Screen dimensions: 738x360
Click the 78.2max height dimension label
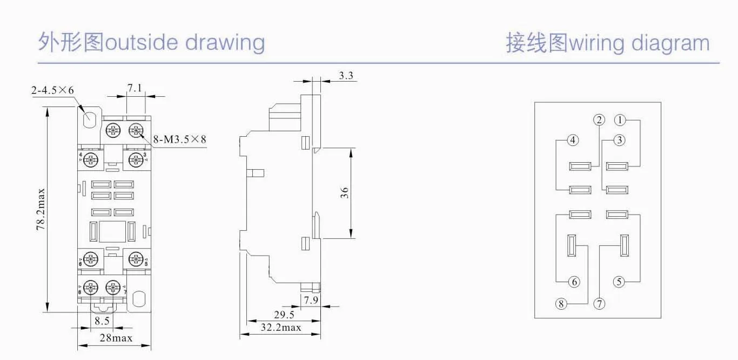click(40, 210)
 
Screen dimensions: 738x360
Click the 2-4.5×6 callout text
click(52, 90)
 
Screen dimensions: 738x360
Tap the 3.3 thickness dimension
click(346, 76)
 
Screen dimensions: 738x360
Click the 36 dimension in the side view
click(345, 192)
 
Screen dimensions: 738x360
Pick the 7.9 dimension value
click(310, 299)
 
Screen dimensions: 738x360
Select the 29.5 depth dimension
click(284, 315)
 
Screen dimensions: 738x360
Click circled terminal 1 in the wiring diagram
click(620, 120)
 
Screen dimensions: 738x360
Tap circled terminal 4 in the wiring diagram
click(573, 140)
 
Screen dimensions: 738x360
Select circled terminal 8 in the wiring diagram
click(561, 304)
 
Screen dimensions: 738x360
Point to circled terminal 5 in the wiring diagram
click(619, 282)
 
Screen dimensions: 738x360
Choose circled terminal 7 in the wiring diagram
click(599, 304)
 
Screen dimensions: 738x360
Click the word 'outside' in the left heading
click(141, 42)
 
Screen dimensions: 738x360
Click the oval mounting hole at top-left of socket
click(90, 117)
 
